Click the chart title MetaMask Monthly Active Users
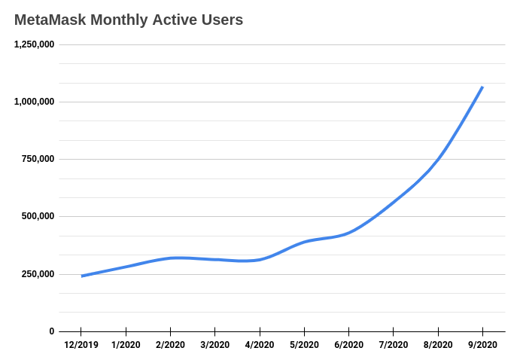(129, 20)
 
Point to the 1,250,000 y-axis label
(34, 44)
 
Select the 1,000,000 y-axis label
(34, 102)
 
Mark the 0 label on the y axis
(51, 331)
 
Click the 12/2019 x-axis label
(81, 345)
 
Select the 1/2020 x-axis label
(126, 345)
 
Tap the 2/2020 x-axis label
(170, 345)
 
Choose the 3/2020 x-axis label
(214, 345)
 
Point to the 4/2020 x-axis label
(260, 345)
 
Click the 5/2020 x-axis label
(304, 345)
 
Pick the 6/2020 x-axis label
(348, 345)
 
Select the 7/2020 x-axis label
(393, 345)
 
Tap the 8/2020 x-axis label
(438, 345)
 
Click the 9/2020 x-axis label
(482, 345)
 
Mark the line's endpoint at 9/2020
(482, 87)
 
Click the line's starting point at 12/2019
(81, 276)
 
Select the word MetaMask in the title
(49, 20)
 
